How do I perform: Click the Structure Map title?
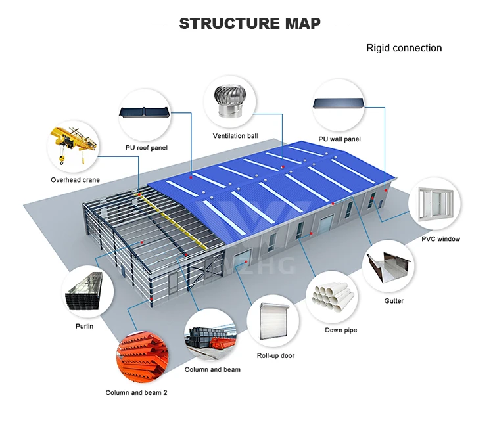pos(250,24)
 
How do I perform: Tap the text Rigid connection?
pos(404,48)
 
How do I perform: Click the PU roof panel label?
pos(147,148)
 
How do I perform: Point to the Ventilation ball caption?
pos(235,136)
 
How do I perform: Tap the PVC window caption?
pos(440,239)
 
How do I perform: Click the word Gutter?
pos(394,301)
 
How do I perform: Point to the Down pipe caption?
pos(341,330)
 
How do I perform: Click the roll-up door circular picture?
pos(273,322)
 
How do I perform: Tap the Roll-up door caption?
pos(275,355)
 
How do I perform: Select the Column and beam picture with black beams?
pos(212,336)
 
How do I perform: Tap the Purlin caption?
pos(83,327)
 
